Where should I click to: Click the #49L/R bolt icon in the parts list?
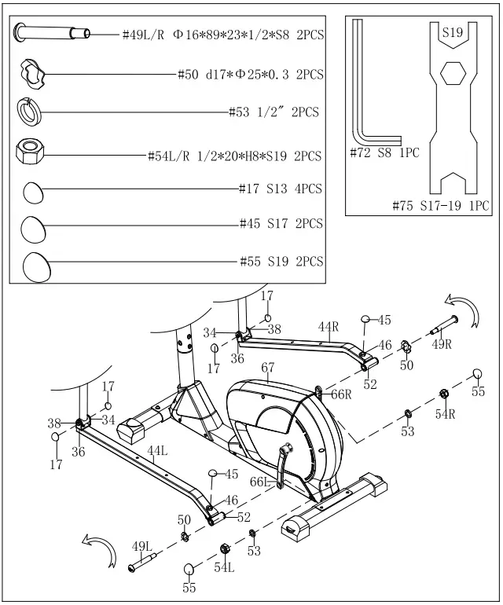click(52, 34)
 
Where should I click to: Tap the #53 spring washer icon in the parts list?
click(31, 112)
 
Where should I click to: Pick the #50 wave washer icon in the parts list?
click(33, 74)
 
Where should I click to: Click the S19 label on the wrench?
click(452, 34)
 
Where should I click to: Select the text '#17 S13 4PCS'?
click(281, 189)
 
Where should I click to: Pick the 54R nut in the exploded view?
click(444, 394)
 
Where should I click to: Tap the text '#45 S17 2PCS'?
click(281, 225)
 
